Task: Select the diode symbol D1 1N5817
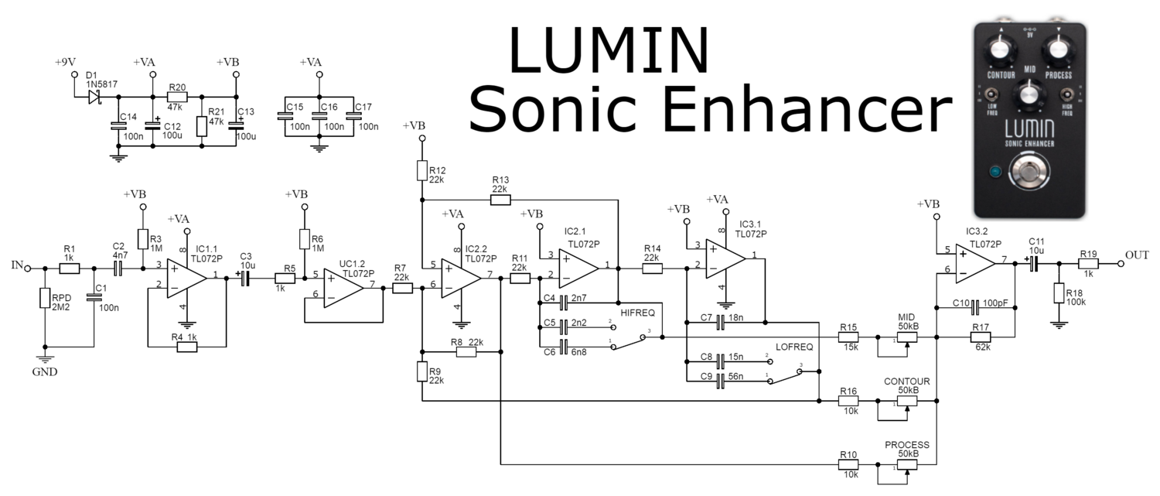(95, 97)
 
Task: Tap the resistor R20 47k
(177, 97)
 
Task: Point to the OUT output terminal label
(1137, 255)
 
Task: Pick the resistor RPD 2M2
(46, 299)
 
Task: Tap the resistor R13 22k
(500, 200)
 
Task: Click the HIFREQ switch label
(637, 313)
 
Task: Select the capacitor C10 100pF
(976, 303)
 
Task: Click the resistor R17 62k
(981, 337)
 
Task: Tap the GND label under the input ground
(45, 371)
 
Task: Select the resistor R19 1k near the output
(1089, 264)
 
